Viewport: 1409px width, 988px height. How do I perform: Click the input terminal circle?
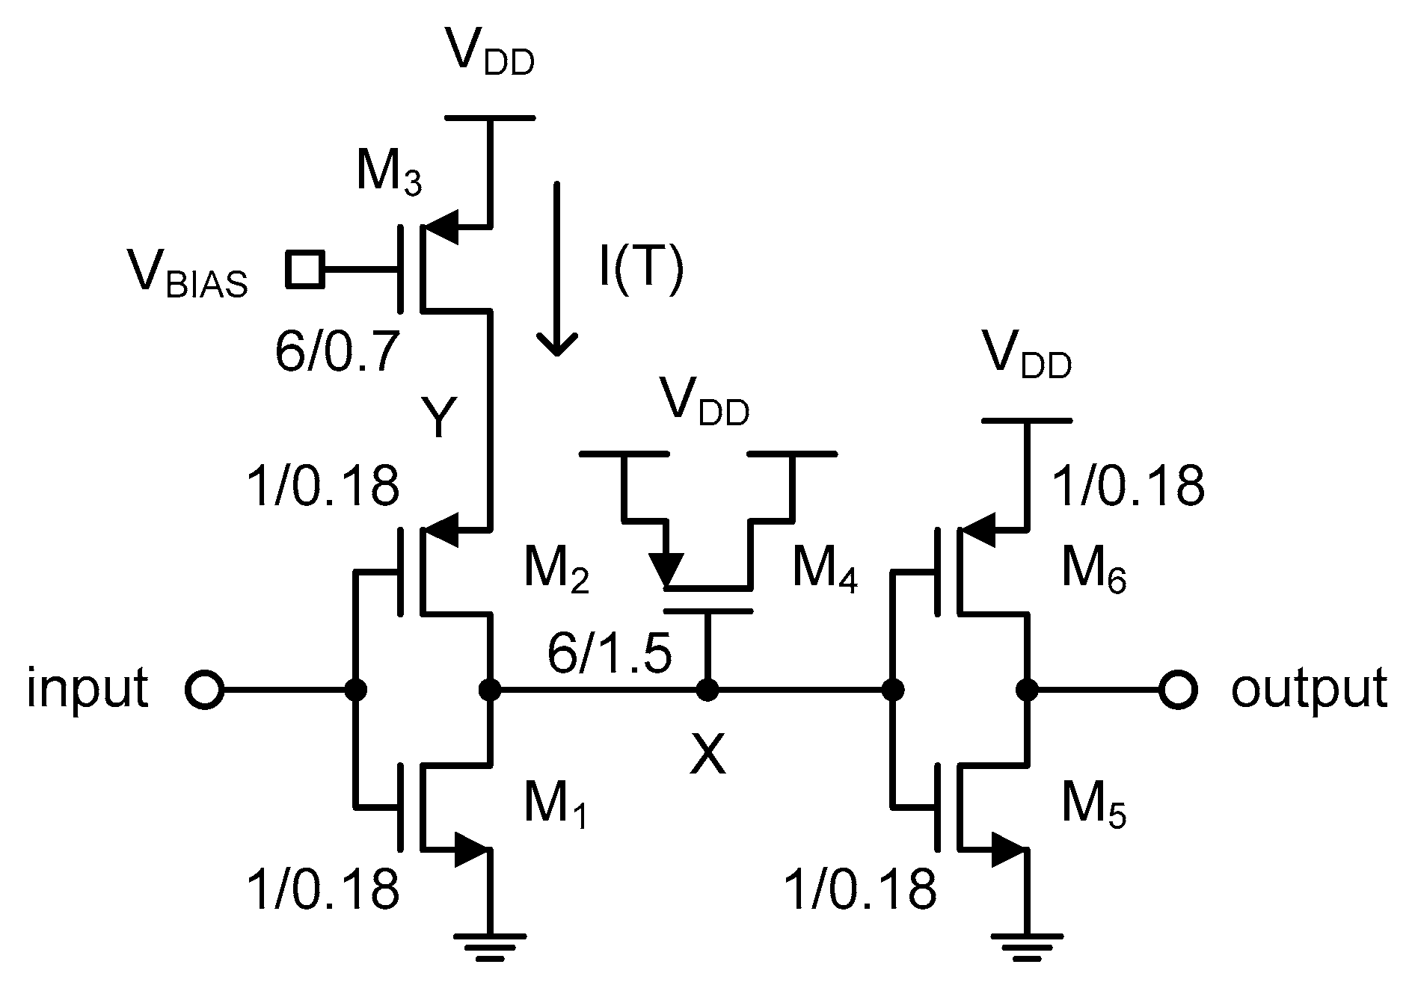[203, 690]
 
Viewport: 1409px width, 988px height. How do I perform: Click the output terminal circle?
[1178, 690]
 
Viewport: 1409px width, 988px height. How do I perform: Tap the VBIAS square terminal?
[304, 269]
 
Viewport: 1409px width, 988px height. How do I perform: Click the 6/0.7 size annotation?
[334, 351]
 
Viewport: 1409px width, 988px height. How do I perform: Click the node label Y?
[438, 419]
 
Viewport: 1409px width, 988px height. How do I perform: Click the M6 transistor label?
[1093, 572]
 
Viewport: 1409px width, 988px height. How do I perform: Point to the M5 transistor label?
[1093, 807]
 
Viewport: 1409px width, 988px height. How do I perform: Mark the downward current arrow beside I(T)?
[556, 269]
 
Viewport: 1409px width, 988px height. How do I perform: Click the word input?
[88, 688]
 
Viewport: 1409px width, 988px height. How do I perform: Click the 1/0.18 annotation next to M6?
[1128, 486]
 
